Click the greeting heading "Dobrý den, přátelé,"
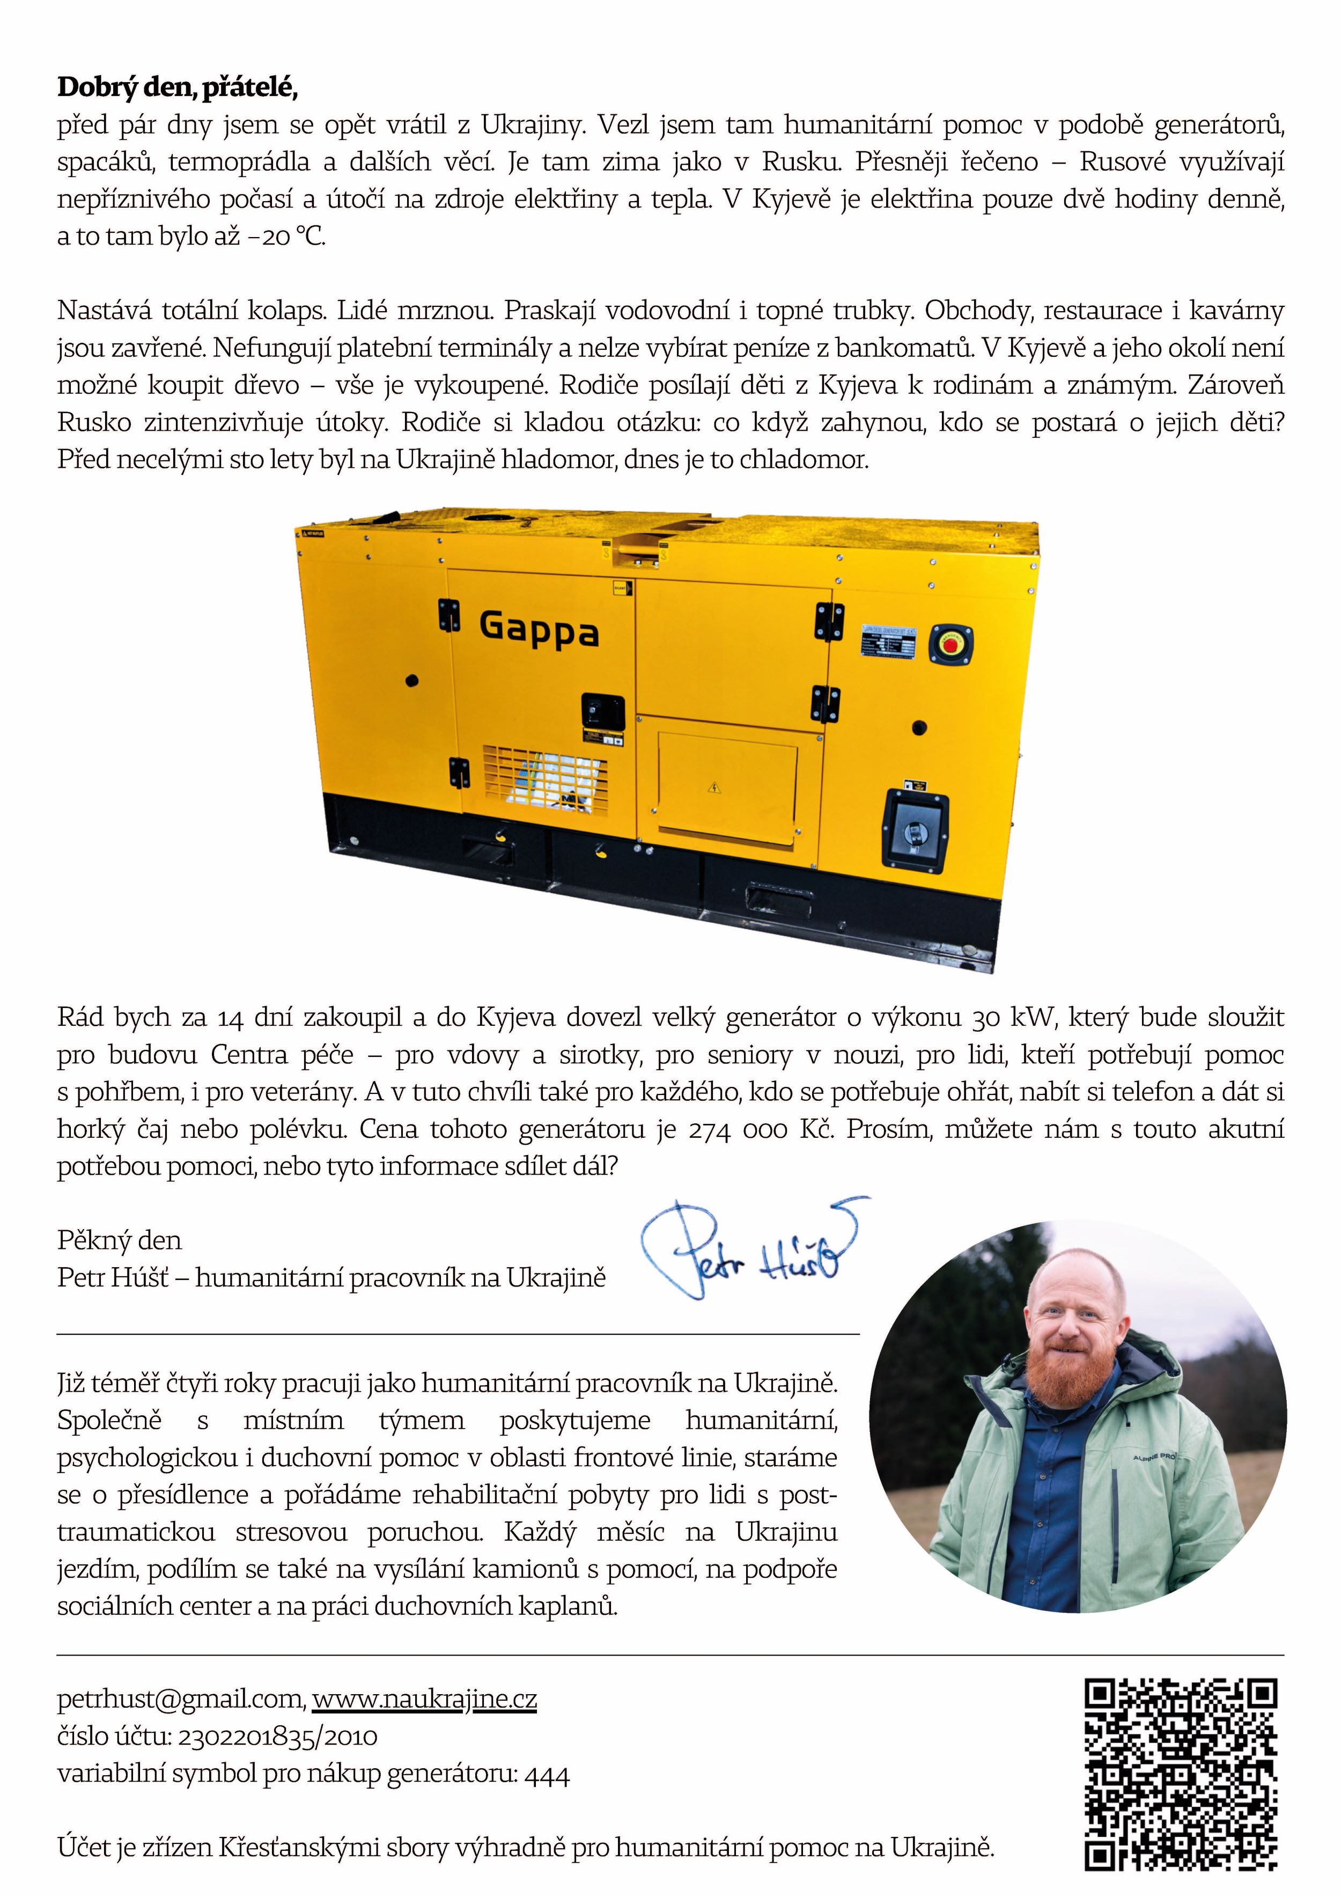point(177,87)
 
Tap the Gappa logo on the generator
point(538,630)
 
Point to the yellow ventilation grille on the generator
point(546,780)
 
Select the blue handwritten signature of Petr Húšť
point(752,1250)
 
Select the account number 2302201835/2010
point(277,1737)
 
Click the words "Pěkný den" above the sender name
point(119,1239)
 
